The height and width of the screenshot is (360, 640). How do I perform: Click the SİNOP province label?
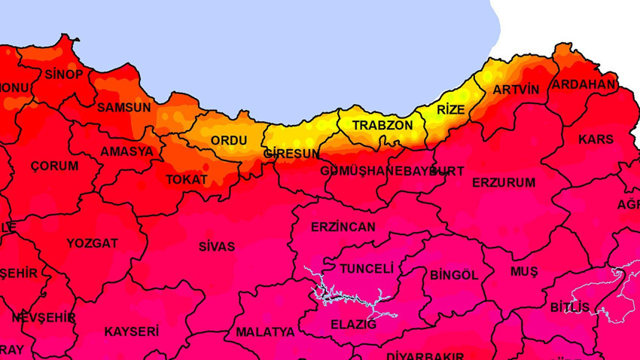point(64,75)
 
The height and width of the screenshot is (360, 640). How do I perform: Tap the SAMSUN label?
point(124,108)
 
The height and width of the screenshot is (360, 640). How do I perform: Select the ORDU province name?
point(229,141)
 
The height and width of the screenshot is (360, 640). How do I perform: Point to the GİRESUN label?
point(291,154)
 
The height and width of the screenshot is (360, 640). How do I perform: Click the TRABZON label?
point(382,125)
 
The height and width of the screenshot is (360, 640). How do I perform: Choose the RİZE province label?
point(451,110)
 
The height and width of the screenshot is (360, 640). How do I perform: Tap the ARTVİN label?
point(516,90)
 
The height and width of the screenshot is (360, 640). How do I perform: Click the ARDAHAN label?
point(584,84)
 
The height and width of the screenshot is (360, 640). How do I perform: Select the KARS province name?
point(596,139)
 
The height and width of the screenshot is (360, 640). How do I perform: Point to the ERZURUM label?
point(504,182)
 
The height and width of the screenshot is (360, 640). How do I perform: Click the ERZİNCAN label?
point(343,227)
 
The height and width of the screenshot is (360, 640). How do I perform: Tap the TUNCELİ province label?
point(367,269)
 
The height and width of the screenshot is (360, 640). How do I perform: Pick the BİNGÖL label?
point(454,275)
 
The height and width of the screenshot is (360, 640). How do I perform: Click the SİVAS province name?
point(217,246)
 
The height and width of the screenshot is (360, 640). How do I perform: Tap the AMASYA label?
point(126,151)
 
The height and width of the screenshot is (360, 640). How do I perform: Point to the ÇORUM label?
point(54,166)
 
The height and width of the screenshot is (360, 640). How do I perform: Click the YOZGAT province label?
point(92,243)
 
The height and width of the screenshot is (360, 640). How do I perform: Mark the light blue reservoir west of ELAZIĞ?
point(331,290)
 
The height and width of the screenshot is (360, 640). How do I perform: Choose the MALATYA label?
point(265,331)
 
